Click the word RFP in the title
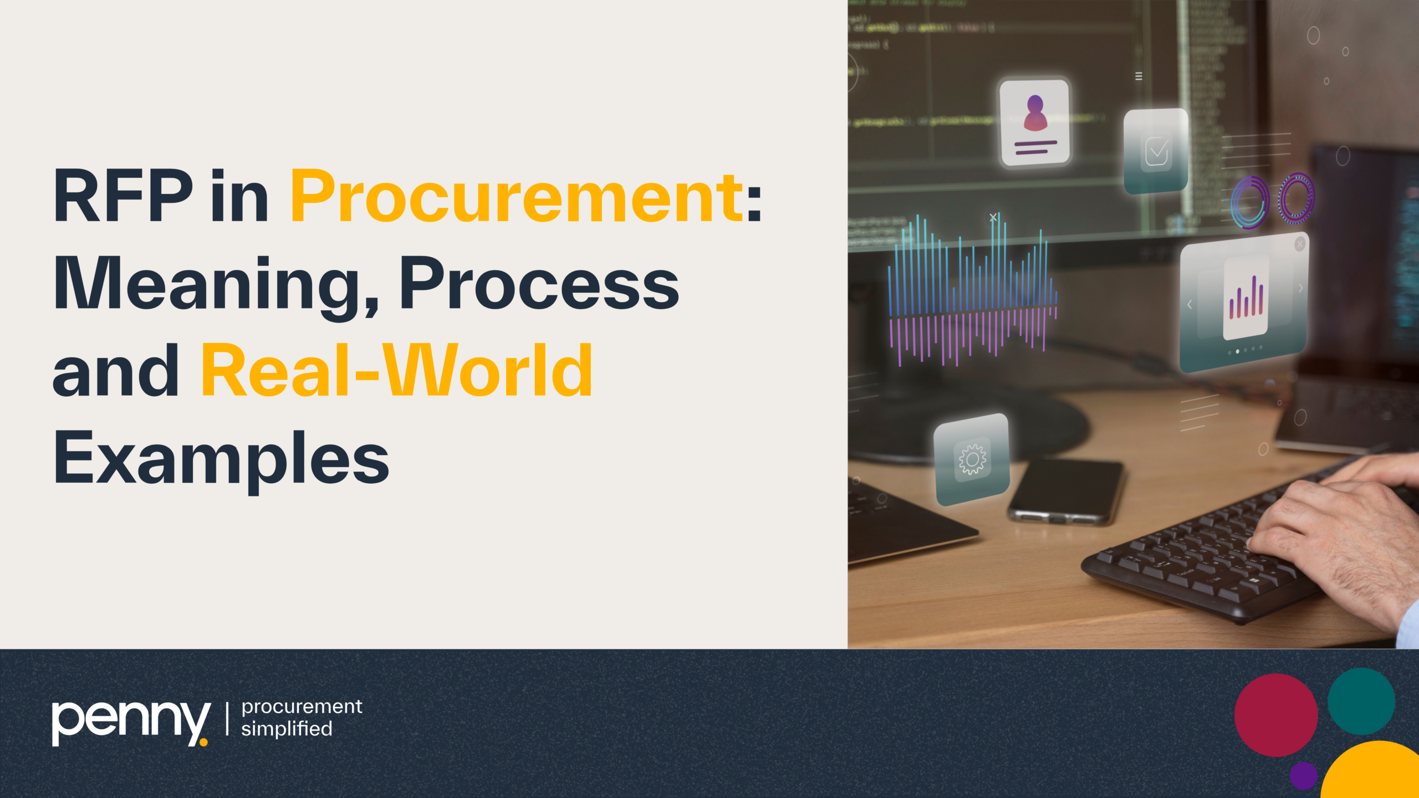click(122, 196)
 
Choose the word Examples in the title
click(221, 458)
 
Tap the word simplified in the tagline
click(287, 729)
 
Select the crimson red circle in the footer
click(1276, 715)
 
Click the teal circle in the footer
click(1361, 701)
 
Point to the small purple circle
click(1303, 775)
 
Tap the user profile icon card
click(1034, 122)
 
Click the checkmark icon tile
click(1156, 151)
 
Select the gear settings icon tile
click(972, 459)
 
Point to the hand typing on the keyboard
click(1341, 532)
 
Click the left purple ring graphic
click(1249, 202)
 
